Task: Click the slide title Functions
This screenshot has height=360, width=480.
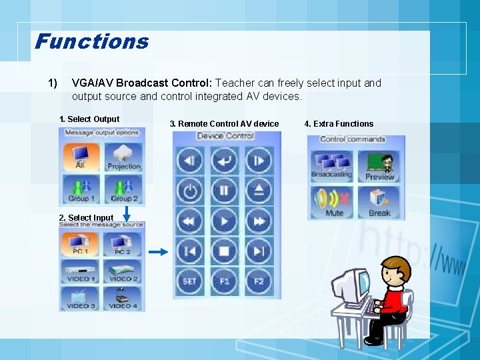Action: coord(92,42)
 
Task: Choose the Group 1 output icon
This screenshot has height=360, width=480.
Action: coord(81,188)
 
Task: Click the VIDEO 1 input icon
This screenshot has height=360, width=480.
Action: coord(81,270)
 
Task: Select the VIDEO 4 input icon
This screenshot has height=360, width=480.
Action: coord(123,297)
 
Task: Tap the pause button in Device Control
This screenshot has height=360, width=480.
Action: coord(225,191)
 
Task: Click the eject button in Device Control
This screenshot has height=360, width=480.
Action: coord(259,191)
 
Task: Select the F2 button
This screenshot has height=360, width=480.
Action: coord(259,281)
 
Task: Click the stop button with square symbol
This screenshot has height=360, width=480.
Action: coord(225,251)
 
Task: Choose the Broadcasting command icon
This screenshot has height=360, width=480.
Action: coord(331,163)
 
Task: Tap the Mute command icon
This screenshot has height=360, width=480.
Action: coord(333,202)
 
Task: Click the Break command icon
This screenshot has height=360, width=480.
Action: coord(380,202)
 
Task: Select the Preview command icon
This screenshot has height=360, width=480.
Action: coord(380,165)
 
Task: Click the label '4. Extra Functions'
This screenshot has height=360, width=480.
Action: coord(339,123)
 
